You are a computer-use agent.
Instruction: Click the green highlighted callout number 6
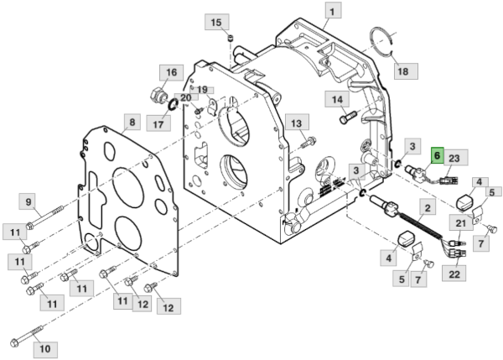[x=438, y=155]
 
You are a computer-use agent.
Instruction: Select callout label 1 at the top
[x=333, y=11]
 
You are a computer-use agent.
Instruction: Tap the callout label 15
[x=216, y=22]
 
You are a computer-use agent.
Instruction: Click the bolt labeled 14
[x=348, y=117]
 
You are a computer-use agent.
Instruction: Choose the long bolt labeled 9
[x=44, y=217]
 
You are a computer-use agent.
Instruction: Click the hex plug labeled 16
[x=158, y=95]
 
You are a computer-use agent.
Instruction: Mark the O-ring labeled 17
[x=174, y=104]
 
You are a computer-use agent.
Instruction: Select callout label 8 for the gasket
[x=132, y=122]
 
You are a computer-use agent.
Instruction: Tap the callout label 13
[x=297, y=123]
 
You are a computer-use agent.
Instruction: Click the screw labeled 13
[x=309, y=143]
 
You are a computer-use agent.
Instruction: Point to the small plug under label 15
[x=231, y=39]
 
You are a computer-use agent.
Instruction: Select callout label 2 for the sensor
[x=428, y=208]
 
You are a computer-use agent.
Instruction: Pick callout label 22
[x=454, y=274]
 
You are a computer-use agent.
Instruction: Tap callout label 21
[x=461, y=223]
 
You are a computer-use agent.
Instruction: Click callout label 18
[x=403, y=71]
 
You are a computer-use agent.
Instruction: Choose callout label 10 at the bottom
[x=45, y=349]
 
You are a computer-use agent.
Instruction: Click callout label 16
[x=171, y=72]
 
